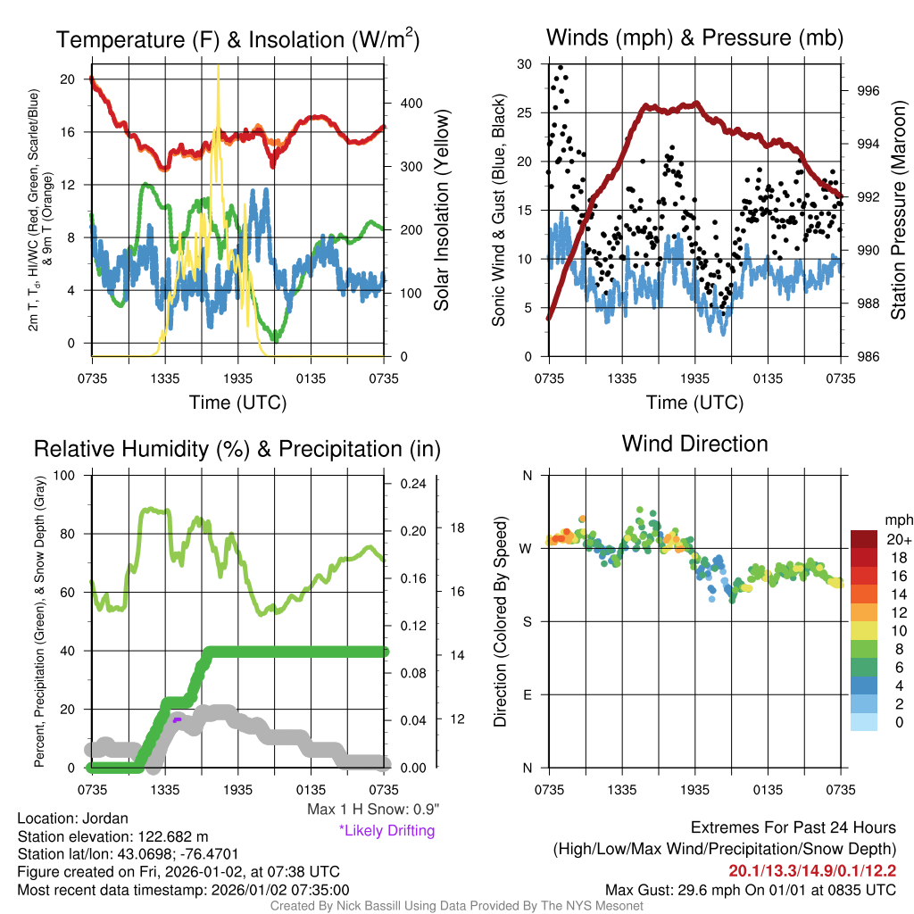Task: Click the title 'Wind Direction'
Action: [x=694, y=444]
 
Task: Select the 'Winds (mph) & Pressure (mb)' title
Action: [x=694, y=37]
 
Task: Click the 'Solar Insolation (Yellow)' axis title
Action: [x=441, y=211]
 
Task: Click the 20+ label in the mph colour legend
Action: [x=895, y=540]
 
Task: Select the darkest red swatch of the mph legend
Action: [x=865, y=539]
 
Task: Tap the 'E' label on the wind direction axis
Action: [x=527, y=694]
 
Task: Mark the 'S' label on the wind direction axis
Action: [x=527, y=621]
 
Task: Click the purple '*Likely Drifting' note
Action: [x=386, y=831]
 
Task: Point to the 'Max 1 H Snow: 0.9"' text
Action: [x=373, y=810]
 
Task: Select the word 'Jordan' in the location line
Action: [x=104, y=818]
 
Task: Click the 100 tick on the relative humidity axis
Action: [x=63, y=475]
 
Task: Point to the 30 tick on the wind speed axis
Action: [x=525, y=64]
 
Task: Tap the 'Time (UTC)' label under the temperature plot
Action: [x=237, y=403]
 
